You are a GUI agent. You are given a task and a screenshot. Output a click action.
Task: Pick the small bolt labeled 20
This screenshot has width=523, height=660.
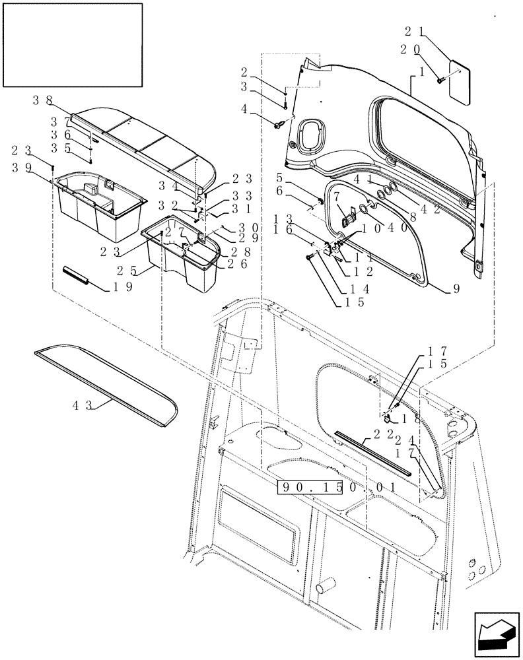[x=439, y=79]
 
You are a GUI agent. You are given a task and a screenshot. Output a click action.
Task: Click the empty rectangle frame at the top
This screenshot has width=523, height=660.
[x=73, y=44]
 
